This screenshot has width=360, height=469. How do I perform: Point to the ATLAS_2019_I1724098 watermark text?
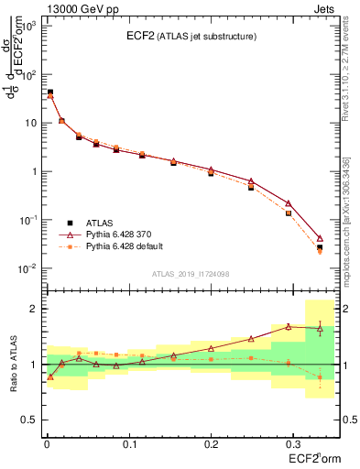coord(191,274)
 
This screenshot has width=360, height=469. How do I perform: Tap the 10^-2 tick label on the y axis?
coord(27,268)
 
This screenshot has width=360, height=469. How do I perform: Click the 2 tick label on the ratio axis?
coord(31,309)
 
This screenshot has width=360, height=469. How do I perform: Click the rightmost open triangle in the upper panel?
coord(320,238)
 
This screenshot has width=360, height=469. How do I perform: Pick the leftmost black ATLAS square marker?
coord(49,93)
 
